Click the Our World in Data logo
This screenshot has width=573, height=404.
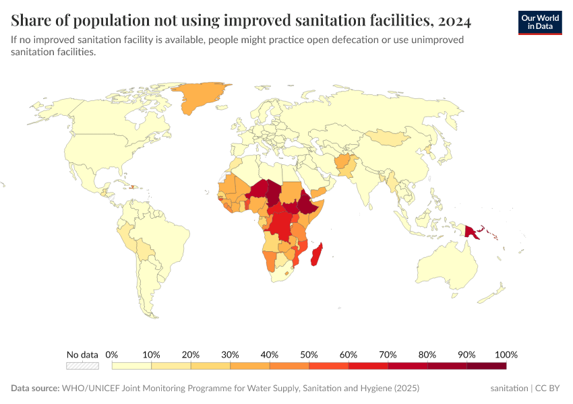(539, 22)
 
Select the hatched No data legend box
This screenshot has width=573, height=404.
(82, 366)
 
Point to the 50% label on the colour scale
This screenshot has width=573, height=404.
(309, 355)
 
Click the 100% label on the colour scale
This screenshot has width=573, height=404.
(506, 355)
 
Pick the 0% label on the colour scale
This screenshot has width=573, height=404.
(112, 355)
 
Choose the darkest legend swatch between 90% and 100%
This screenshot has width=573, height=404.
(486, 366)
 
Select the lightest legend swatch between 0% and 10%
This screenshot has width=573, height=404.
(131, 366)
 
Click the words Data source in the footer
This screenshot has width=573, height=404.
(34, 389)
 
